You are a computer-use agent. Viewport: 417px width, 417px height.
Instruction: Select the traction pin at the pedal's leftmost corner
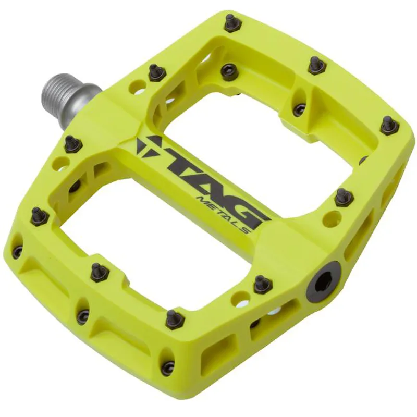39,215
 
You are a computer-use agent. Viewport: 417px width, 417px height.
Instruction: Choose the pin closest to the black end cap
262,284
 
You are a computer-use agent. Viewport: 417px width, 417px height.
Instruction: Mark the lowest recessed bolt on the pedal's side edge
167,367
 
